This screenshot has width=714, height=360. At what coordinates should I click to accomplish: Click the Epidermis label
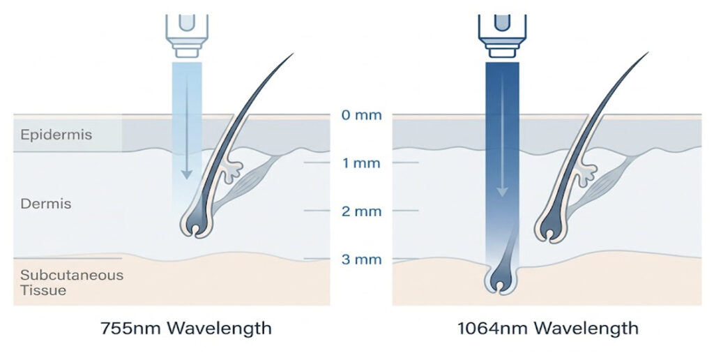(56, 135)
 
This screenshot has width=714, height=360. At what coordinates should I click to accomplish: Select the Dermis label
(45, 203)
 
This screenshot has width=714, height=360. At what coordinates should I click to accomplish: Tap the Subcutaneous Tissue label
(72, 283)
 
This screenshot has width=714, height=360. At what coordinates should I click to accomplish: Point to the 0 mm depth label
(362, 115)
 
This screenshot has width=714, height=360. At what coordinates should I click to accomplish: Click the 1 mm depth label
(362, 163)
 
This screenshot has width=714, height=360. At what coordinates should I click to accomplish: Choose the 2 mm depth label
(362, 211)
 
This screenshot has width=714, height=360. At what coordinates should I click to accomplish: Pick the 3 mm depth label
(362, 260)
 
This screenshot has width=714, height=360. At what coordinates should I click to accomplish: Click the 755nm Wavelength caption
(185, 328)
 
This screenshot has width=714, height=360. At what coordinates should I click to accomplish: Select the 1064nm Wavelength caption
(548, 328)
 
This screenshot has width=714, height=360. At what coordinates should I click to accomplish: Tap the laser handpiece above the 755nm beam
(187, 36)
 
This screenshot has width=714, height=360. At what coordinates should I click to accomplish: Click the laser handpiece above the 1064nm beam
(502, 36)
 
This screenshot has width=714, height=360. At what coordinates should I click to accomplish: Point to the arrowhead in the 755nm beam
(187, 174)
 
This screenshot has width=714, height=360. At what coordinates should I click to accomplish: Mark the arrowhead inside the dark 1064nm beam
(502, 191)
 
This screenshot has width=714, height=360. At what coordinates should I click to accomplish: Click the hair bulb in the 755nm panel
(196, 223)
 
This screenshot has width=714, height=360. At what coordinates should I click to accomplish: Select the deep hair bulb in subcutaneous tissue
(500, 279)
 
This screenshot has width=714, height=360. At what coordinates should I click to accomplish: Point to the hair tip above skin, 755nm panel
(293, 54)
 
